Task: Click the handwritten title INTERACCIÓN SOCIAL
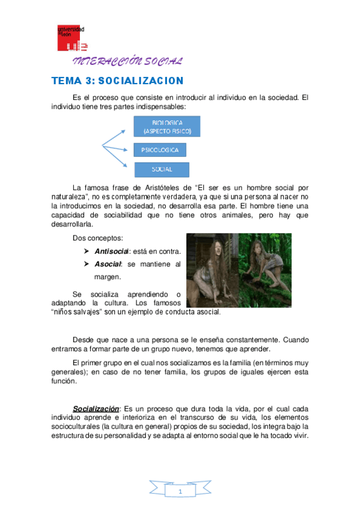point(127,61)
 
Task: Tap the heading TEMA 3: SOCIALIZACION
point(117,81)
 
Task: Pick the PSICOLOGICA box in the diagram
point(159,149)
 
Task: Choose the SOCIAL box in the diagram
point(162,169)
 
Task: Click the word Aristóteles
point(182,187)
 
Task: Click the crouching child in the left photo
point(206,270)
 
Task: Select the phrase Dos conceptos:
point(93,238)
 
